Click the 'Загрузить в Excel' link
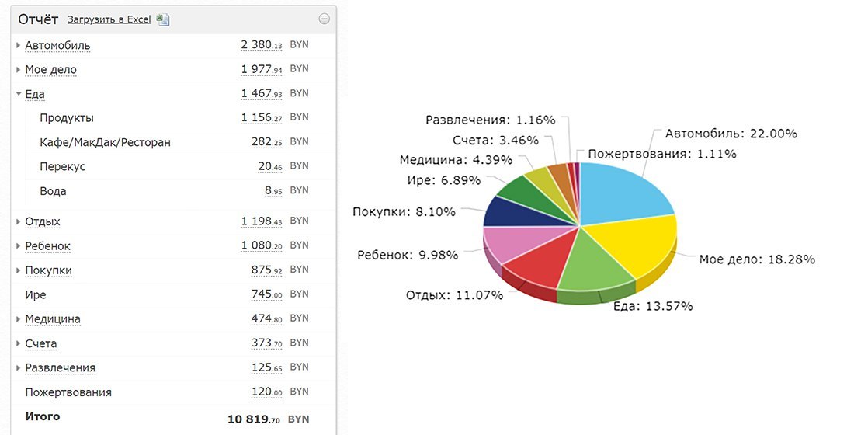pos(109,19)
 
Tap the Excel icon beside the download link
pos(163,19)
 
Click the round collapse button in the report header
pos(324,19)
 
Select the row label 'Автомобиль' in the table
pos(57,45)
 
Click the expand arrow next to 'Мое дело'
pos(18,70)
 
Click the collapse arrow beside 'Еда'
pos(18,94)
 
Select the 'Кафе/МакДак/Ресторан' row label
pos(105,142)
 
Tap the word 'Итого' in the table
pos(43,417)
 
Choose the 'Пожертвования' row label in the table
pos(68,392)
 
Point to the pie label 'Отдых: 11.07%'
pos(454,295)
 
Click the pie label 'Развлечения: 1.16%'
pos(491,120)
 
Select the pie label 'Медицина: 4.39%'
pos(456,160)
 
